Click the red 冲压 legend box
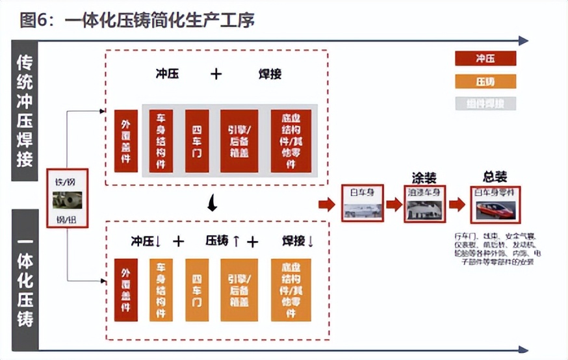pos(485,59)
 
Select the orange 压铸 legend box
pos(485,81)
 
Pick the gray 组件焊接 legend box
pos(485,103)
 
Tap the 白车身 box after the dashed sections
pos(363,203)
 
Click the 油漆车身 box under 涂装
pos(425,203)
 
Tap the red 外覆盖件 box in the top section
pos(126,141)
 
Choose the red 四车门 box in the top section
pos(197,141)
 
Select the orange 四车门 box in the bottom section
pos(197,289)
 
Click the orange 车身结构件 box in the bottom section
pos(161,289)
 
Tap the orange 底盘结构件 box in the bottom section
pos(291,289)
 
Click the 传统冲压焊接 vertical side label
pos(25,111)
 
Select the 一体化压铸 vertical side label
pos(25,279)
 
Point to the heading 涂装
pos(424,177)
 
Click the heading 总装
pos(495,176)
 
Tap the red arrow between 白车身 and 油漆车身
pos(394,204)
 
